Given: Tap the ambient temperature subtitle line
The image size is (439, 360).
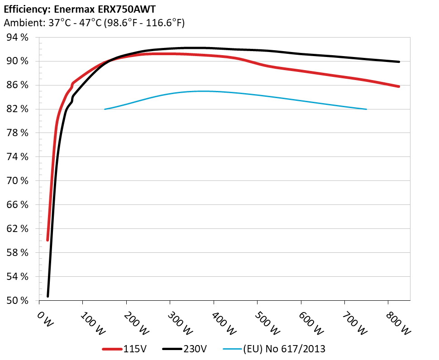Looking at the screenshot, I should tap(94, 23).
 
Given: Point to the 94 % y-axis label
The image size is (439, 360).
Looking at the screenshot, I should tap(18, 38).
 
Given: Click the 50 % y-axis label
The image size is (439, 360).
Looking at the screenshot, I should tap(18, 301).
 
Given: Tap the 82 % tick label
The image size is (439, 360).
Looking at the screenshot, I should tap(18, 109).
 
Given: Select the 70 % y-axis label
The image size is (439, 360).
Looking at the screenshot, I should tap(18, 181).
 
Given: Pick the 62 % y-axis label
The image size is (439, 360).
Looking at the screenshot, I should tap(18, 229).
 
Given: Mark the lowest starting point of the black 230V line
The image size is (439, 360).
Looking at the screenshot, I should tap(48, 296).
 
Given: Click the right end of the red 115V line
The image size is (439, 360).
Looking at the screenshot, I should tap(399, 86).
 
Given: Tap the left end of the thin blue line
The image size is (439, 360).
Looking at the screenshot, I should tap(105, 109).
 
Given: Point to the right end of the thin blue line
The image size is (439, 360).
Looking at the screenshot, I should tap(366, 109).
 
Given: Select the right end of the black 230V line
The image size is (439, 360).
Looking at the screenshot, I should tap(399, 62).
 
